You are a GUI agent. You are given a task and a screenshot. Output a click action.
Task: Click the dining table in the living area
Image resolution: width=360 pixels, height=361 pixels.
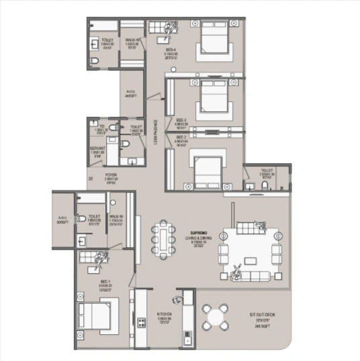tap(164, 240)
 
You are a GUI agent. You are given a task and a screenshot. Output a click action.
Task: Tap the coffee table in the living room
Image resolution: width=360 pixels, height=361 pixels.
tap(252, 260)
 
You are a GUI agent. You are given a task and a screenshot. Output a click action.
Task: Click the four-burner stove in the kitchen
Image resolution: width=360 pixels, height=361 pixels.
tap(142, 323)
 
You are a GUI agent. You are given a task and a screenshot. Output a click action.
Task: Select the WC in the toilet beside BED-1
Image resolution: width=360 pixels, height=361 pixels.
tap(81, 219)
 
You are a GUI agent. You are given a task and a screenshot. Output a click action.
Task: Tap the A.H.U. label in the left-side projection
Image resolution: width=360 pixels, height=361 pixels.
tap(62, 219)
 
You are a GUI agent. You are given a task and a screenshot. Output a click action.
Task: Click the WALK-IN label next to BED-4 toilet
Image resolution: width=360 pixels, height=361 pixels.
tap(132, 44)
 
